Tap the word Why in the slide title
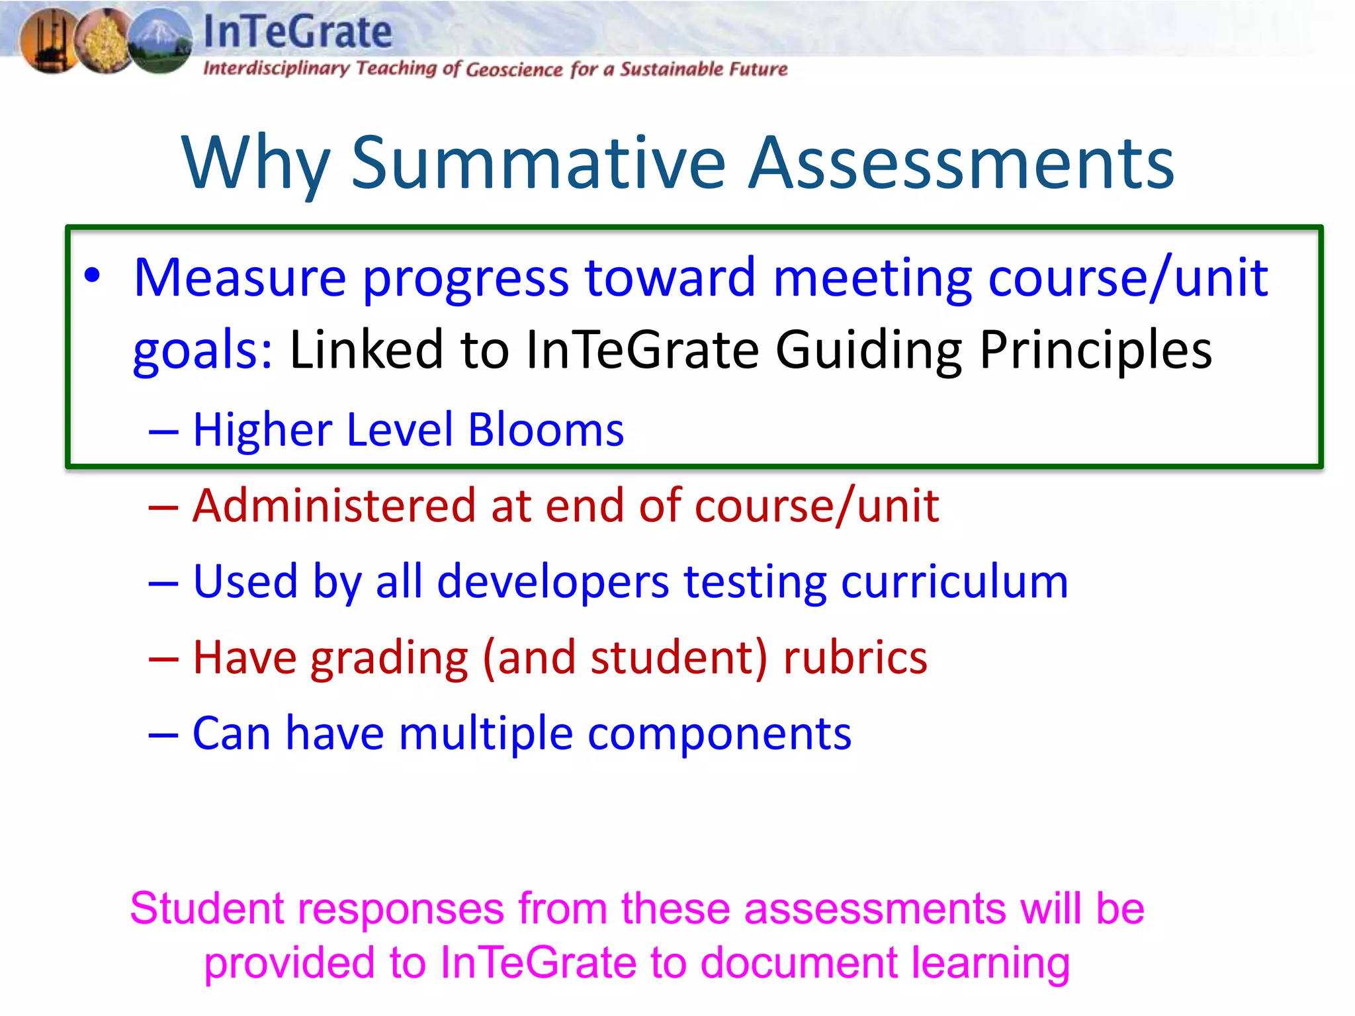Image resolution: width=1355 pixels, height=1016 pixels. point(255,163)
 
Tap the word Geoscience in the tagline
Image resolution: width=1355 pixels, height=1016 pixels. point(514,69)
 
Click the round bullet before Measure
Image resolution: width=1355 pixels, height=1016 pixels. point(93,275)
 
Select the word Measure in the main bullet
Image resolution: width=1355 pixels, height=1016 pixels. point(240,278)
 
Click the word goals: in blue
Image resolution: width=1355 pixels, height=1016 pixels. point(202,351)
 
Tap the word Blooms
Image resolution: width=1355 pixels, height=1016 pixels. point(546,430)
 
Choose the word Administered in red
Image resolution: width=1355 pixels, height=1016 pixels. point(334,506)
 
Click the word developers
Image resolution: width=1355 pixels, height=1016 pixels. point(553,582)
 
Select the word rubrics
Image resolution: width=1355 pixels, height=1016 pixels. point(855,658)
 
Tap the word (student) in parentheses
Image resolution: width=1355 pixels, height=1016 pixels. point(678,658)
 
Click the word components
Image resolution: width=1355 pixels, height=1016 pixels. point(719,734)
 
